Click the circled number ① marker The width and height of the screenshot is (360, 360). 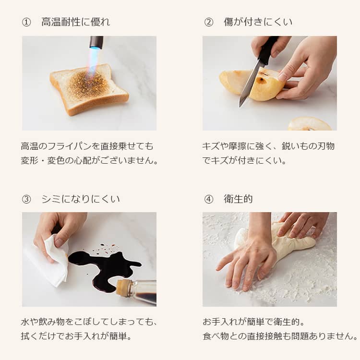pyautogui.click(x=26, y=22)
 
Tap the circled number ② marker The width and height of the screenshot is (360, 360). pyautogui.click(x=208, y=22)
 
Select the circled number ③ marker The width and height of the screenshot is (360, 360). pyautogui.click(x=26, y=199)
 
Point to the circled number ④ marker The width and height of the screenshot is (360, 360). pyautogui.click(x=208, y=199)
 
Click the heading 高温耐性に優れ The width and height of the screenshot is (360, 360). pyautogui.click(x=76, y=22)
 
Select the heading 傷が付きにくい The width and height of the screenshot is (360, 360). pyautogui.click(x=258, y=22)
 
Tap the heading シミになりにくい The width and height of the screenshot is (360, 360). pyautogui.click(x=81, y=199)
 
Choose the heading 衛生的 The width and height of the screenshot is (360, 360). pyautogui.click(x=238, y=199)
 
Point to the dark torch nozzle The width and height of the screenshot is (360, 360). pyautogui.click(x=96, y=42)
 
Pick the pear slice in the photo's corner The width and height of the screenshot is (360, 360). pyautogui.click(x=310, y=124)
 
